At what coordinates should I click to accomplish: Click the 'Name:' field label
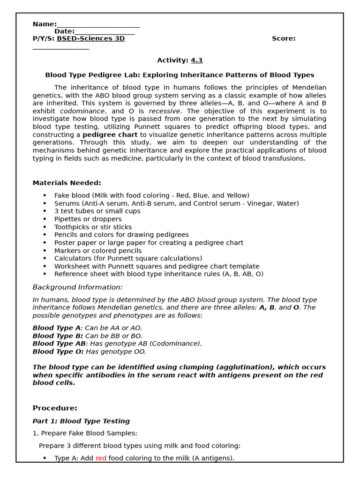pos(45,24)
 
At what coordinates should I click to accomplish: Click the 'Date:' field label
pos(64,31)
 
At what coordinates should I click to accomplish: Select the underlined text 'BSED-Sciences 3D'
pos(90,38)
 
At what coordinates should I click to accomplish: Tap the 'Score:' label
pos(284,38)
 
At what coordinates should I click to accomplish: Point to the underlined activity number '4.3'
pos(196,60)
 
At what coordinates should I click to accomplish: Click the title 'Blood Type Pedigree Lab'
pos(92,75)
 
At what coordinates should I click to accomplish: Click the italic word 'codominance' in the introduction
pos(82,111)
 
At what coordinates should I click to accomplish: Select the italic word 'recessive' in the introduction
pos(164,111)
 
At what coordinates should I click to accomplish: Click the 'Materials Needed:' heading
pos(67,183)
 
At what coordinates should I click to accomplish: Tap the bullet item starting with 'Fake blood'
pos(151,195)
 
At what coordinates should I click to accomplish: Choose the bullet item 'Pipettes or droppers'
pos(88,219)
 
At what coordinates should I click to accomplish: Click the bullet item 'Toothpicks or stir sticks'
pos(93,227)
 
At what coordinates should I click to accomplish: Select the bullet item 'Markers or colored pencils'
pos(97,251)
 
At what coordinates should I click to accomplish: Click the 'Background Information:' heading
pos(77,287)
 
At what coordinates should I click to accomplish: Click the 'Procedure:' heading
pos(55,408)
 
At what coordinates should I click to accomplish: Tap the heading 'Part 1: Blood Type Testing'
pos(81,421)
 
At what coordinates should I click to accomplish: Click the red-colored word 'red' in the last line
pos(101,458)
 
